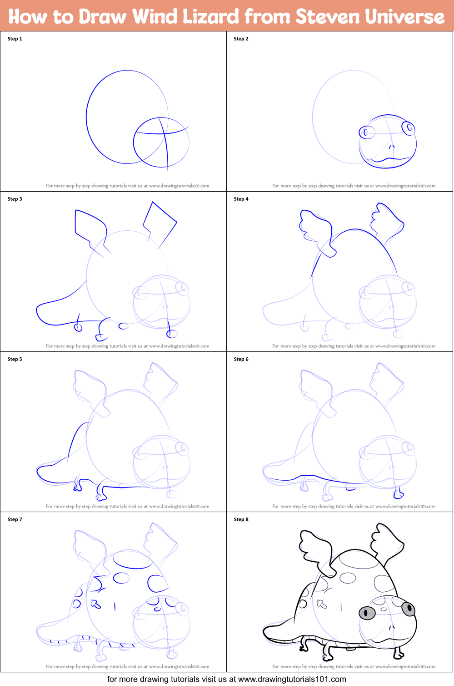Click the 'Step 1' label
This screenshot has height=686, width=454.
(x=15, y=39)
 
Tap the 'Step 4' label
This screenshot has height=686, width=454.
(x=241, y=199)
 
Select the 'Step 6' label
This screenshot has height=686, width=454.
(x=241, y=359)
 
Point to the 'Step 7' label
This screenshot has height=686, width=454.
(x=15, y=519)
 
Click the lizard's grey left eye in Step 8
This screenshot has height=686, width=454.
(x=367, y=612)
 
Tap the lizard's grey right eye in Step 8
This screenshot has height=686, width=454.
(x=409, y=608)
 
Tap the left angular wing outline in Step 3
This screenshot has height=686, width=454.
(x=90, y=224)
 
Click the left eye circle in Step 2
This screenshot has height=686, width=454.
(x=366, y=132)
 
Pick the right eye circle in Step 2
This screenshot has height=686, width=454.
(x=409, y=128)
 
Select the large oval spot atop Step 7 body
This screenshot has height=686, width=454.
(x=132, y=560)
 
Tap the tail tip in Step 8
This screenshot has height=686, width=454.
(x=266, y=633)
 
